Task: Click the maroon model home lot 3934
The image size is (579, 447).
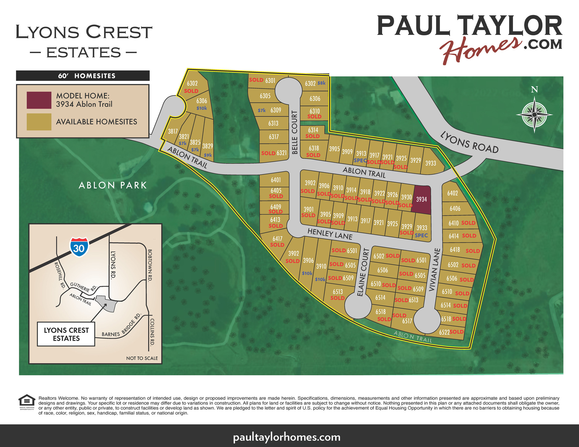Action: coord(421,199)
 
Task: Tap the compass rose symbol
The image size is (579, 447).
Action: coord(534,115)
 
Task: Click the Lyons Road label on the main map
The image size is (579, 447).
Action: coord(469,142)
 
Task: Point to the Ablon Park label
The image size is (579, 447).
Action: coord(113,185)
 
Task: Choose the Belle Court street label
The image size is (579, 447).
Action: coord(295,132)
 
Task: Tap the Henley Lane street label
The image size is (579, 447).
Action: coord(330,234)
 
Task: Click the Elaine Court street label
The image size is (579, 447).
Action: coord(362,272)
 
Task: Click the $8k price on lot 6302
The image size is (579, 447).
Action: coord(321,83)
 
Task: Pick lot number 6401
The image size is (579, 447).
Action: coord(276,180)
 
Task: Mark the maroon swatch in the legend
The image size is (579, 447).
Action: coord(39,100)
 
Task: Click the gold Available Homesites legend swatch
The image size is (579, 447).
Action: coord(39,122)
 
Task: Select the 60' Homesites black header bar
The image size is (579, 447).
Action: coord(83,76)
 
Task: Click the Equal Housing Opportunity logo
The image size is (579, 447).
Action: coord(27,402)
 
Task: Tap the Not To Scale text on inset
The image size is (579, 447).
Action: coord(142,358)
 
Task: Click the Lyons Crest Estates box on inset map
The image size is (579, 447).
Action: coord(66,334)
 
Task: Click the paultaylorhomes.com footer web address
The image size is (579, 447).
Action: coord(286,437)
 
